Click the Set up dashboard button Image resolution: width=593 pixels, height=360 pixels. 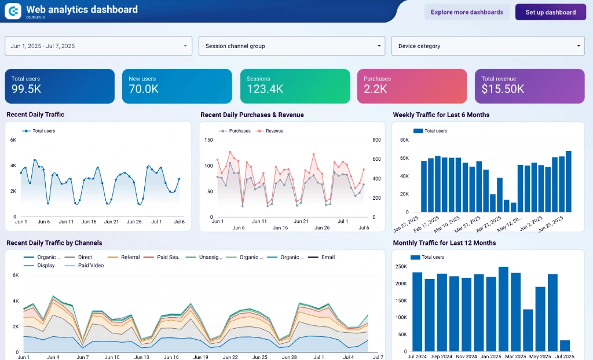point(550,12)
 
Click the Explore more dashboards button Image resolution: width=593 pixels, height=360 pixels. point(467,12)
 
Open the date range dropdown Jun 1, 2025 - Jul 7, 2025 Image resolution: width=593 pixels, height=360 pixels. point(98,46)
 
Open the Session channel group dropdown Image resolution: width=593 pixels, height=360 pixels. point(291,46)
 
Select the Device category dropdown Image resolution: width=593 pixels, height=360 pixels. point(488,46)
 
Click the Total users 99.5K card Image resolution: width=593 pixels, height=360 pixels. point(60,86)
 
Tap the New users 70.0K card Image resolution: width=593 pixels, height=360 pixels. point(177,86)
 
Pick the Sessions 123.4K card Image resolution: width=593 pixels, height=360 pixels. point(295,86)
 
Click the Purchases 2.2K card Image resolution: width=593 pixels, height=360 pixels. point(412,86)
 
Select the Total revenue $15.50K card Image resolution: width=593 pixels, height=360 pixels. point(529,86)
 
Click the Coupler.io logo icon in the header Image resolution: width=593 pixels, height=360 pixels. point(13,11)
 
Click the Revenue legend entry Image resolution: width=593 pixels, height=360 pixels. point(274,131)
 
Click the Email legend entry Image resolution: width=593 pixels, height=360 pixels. point(328,257)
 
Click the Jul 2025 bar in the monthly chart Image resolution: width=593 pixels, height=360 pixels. point(565,346)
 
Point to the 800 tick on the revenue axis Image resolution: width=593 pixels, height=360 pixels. point(376,140)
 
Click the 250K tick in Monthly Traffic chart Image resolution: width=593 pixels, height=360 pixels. point(400,267)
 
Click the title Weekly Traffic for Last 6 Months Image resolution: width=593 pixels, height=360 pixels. point(441,115)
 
